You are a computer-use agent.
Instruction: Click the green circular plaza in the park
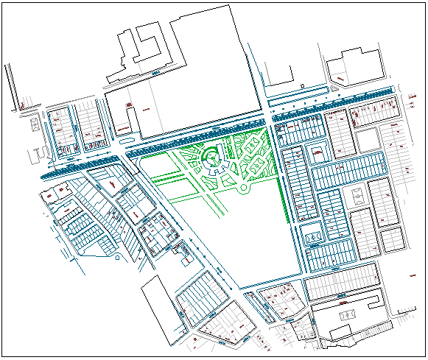[x=211, y=157]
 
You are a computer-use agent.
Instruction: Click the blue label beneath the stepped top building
[x=155, y=74]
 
